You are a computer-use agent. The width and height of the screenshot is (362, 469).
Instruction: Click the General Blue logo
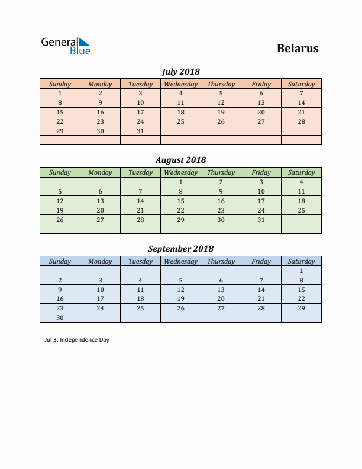[x=65, y=46]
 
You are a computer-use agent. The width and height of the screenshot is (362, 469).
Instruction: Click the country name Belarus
[x=298, y=49]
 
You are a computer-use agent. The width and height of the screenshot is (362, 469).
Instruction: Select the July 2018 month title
[x=180, y=72]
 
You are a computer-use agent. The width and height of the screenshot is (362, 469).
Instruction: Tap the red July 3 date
[x=140, y=93]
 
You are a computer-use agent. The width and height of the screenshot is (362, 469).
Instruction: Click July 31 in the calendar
[x=140, y=131]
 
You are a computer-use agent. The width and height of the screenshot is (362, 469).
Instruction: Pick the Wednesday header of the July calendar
[x=180, y=84]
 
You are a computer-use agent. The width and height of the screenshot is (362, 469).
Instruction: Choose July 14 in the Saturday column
[x=301, y=102]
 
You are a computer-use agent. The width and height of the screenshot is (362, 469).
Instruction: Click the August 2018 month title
[x=180, y=160]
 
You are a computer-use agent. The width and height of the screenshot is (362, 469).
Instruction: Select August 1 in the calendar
[x=180, y=182]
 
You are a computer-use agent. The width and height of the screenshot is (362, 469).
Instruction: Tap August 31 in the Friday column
[x=261, y=220]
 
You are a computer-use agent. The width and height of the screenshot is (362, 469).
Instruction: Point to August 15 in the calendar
[x=180, y=201]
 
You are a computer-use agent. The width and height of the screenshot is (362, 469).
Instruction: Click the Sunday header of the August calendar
[x=60, y=172]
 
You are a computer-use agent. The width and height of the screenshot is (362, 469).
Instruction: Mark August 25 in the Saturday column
[x=301, y=210]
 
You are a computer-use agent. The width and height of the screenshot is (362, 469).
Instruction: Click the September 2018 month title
[x=180, y=249]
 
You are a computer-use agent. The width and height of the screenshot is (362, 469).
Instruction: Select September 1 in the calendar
[x=301, y=271]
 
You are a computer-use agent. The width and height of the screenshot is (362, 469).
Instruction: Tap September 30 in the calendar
[x=60, y=317]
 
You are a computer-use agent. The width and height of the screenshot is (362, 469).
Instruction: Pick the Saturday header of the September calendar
[x=301, y=261]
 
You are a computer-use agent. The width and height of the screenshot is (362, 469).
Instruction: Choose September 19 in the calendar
[x=180, y=298]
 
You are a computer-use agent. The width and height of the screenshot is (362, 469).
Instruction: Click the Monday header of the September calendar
[x=100, y=261]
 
